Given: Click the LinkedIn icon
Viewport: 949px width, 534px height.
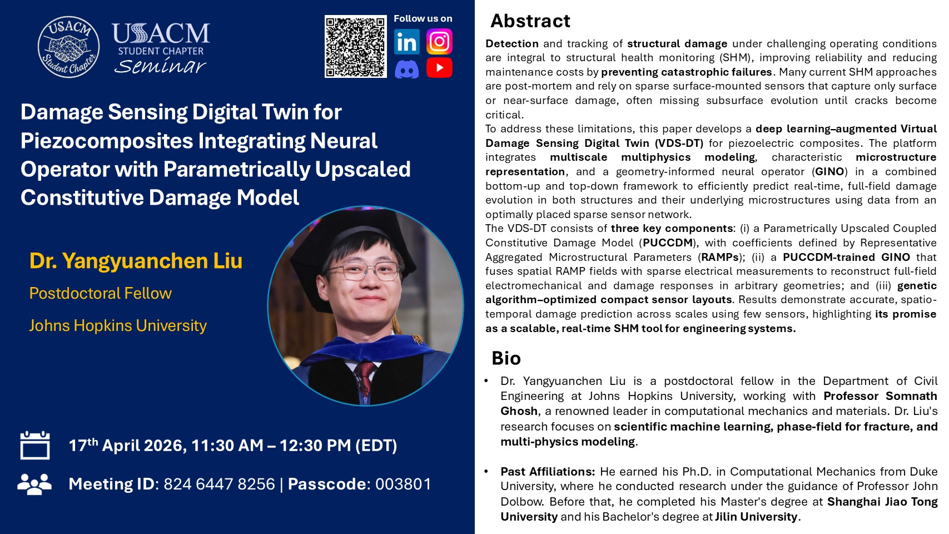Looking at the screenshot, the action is tap(407, 42).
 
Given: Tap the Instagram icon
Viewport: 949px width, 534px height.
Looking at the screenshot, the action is tap(439, 42).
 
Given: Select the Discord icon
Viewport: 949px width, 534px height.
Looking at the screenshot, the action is tap(407, 68).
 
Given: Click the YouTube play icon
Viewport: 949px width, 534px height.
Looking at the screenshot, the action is tap(439, 68).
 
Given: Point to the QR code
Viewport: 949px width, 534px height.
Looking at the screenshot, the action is tap(355, 47).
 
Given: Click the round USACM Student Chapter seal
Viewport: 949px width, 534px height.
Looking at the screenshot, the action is tap(68, 47).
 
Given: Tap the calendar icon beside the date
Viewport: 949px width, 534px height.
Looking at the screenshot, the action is tap(35, 445).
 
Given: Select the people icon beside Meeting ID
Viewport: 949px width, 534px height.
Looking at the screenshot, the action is tap(34, 483).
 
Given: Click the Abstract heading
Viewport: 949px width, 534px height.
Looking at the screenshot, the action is tap(530, 21).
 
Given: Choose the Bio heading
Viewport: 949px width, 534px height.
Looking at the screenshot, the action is tap(506, 358).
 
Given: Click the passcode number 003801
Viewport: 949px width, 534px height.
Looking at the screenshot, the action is tap(403, 484).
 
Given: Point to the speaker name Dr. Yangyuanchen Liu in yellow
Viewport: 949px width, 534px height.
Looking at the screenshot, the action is tap(136, 261).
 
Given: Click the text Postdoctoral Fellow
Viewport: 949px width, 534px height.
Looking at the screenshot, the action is tap(101, 293).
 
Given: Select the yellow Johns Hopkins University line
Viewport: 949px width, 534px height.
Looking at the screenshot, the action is tap(118, 325).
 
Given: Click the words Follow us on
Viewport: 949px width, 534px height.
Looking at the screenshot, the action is tap(423, 19).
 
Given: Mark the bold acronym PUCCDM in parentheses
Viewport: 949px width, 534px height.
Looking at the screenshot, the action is tap(668, 243).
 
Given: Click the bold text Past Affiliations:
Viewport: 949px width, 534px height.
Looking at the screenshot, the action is tap(548, 472).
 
